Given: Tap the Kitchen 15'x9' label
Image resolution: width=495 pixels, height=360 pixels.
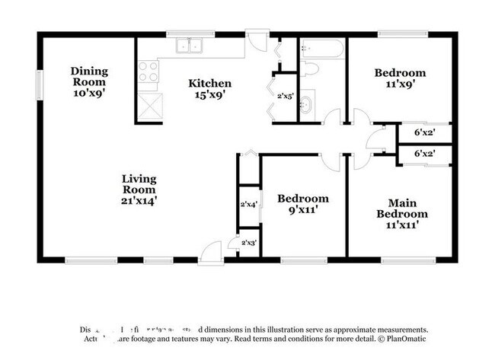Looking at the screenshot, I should [x=209, y=89].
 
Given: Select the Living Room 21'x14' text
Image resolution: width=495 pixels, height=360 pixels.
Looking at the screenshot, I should [x=139, y=190].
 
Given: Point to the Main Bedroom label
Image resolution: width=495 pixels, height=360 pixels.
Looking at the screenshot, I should [x=402, y=214].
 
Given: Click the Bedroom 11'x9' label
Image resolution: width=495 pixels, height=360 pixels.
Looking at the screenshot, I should [x=400, y=79].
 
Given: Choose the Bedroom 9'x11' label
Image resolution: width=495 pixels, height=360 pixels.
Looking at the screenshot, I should [x=302, y=204].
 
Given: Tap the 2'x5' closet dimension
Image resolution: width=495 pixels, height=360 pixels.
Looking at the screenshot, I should [x=285, y=97].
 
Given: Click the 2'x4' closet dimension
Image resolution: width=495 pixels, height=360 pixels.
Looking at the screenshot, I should [x=249, y=205].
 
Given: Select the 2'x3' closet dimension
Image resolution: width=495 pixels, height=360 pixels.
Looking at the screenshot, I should [x=249, y=243].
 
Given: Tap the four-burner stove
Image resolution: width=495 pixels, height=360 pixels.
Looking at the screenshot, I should [x=149, y=73].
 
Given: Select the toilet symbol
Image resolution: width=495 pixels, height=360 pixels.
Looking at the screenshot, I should [x=309, y=69].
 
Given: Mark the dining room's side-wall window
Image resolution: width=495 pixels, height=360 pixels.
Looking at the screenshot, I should [x=40, y=83].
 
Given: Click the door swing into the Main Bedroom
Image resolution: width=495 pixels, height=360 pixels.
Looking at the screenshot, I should [x=360, y=161].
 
